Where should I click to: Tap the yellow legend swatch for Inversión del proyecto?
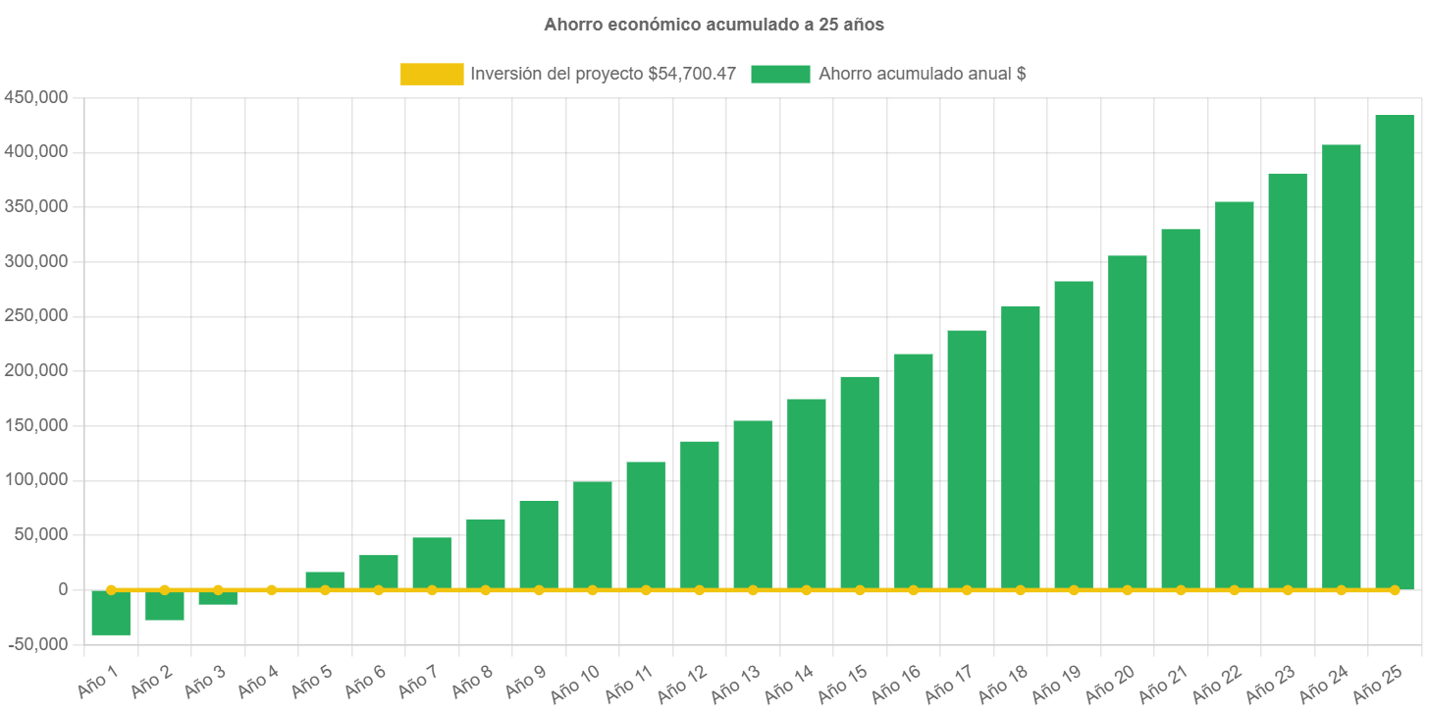pos(432,74)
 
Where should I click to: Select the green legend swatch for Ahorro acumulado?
pos(780,74)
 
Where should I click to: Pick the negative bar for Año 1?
pos(111,613)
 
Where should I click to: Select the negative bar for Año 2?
pos(165,605)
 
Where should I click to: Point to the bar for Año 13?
pos(753,505)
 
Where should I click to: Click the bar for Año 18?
pos(1020,447)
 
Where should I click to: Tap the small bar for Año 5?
pos(325,580)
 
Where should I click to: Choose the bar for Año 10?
pos(593,535)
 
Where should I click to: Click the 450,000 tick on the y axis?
pos(35,97)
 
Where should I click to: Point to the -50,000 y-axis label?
pos(35,644)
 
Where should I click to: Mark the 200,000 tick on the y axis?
pos(35,370)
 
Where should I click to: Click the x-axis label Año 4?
pos(258,682)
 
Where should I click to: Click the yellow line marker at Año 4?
pos(272,590)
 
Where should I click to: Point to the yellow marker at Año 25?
pos(1394,590)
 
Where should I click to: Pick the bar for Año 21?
pos(1180,409)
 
